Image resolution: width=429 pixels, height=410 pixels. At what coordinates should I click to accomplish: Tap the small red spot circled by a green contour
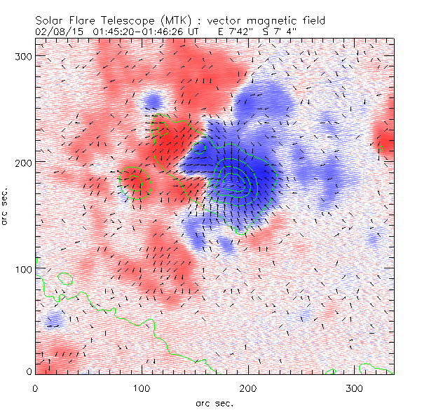pyautogui.click(x=135, y=182)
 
